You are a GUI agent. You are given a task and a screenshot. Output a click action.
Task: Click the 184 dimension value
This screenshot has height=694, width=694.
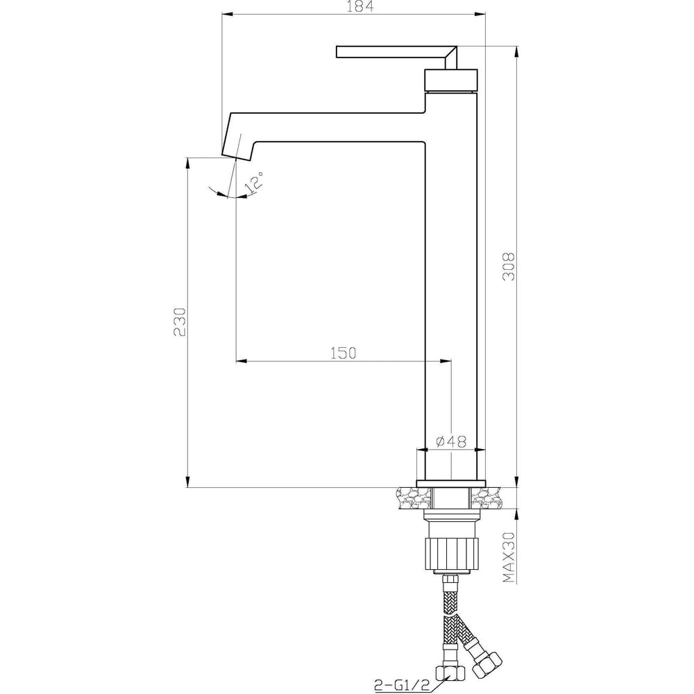point(360,7)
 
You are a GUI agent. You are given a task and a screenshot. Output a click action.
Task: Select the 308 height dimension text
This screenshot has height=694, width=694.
point(509,266)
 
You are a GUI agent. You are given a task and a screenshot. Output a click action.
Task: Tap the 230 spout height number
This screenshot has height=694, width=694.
point(180,322)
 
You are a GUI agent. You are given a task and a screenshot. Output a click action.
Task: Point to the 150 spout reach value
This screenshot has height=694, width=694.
point(343,353)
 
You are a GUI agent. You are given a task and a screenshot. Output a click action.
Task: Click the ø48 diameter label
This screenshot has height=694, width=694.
point(451,441)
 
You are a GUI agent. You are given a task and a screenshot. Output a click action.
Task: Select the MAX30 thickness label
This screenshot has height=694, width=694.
point(509,557)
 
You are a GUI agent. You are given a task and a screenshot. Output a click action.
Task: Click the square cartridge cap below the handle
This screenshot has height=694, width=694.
point(451,80)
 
